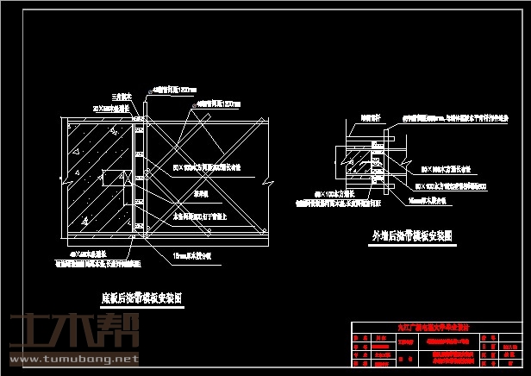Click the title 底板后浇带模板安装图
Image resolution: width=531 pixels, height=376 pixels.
click(141, 298)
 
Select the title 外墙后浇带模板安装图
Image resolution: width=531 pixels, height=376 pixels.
click(412, 235)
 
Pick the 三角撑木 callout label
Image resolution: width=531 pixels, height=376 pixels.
click(120, 97)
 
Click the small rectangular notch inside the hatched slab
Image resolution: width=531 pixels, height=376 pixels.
click(110, 180)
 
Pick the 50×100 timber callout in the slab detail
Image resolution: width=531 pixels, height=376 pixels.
click(206, 165)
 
